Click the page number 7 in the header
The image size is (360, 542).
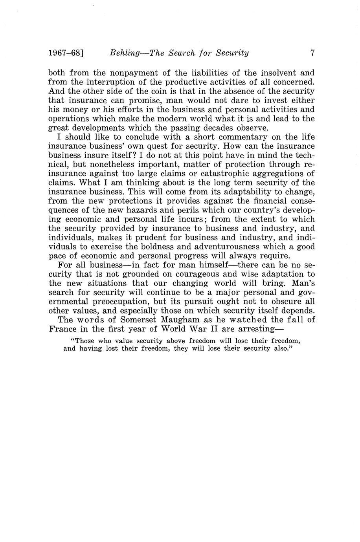[x=312, y=53]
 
